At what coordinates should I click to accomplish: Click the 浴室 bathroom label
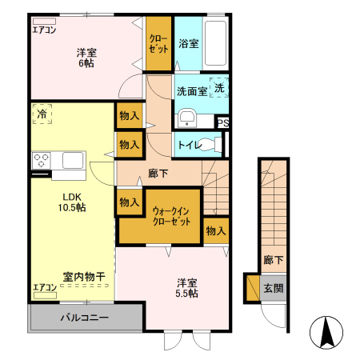click(190, 45)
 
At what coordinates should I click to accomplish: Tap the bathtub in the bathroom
click(215, 43)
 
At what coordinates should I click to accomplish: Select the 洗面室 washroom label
click(192, 90)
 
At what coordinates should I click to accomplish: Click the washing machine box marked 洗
click(220, 88)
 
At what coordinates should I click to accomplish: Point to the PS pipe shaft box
click(223, 122)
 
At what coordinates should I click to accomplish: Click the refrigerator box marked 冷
click(42, 116)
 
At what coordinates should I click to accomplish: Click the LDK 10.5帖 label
click(70, 201)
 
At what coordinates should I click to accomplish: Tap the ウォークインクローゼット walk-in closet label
click(171, 216)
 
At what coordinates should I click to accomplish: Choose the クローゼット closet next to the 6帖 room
click(158, 44)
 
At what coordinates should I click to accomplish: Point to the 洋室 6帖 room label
click(87, 58)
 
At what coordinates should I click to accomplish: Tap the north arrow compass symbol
click(325, 331)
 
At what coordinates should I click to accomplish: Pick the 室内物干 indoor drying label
click(85, 277)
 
